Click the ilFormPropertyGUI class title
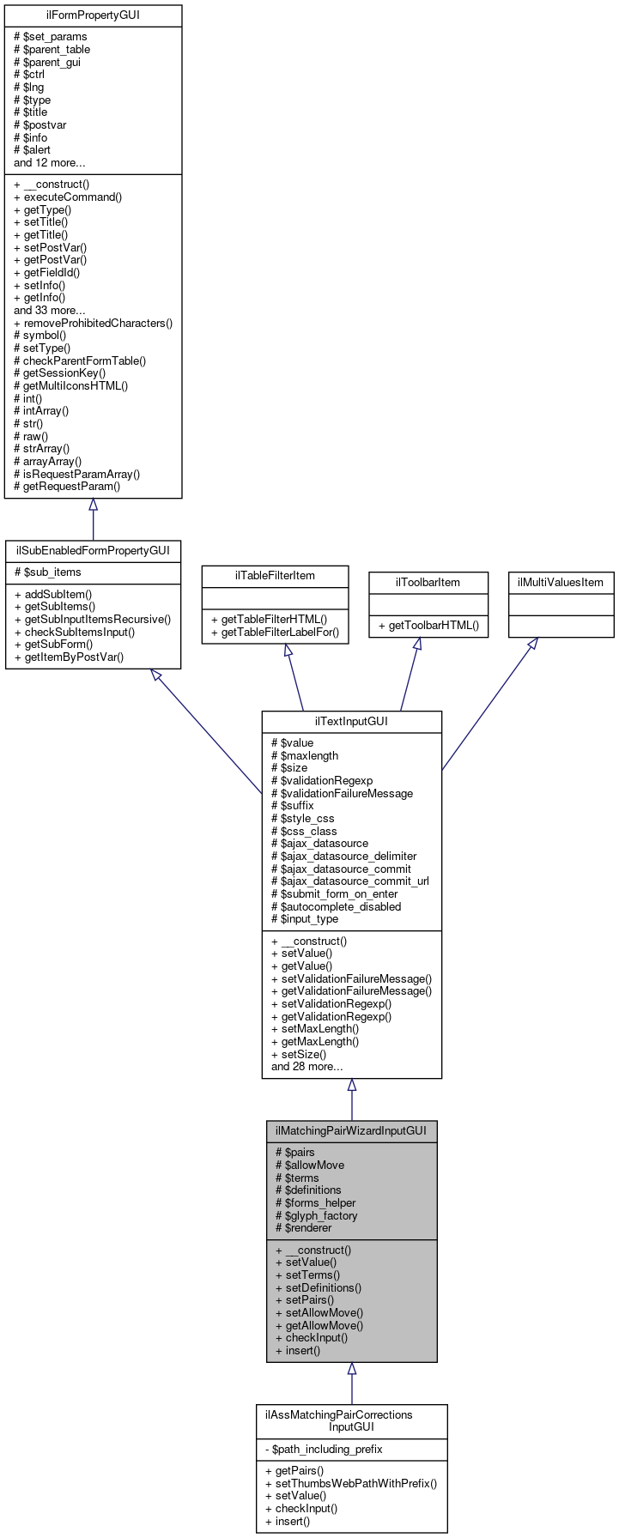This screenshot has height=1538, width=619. coord(93,15)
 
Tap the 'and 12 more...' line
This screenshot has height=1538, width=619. coord(49,162)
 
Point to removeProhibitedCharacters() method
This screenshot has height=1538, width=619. coord(93,323)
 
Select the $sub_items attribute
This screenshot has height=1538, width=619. coord(48,572)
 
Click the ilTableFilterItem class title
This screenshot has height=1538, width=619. coord(275,575)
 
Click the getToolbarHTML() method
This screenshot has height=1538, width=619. coord(428,626)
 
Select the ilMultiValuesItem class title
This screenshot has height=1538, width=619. coord(561,582)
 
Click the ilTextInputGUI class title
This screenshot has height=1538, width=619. coord(351,721)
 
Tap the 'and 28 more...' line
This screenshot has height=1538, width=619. coord(306,1067)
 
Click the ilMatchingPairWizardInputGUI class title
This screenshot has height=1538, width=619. coord(351,1130)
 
